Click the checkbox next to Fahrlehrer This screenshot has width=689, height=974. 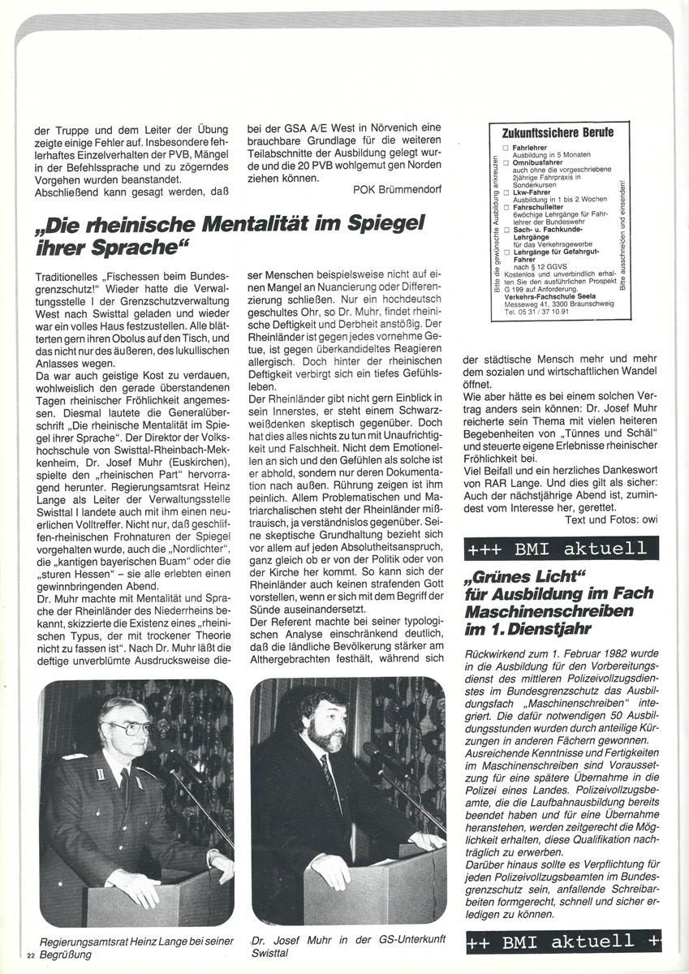point(505,148)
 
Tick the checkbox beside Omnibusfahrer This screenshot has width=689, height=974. point(505,162)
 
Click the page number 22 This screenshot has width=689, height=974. point(31,954)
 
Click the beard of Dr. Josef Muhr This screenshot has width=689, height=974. point(328,738)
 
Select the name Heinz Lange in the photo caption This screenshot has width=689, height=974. point(166,940)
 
